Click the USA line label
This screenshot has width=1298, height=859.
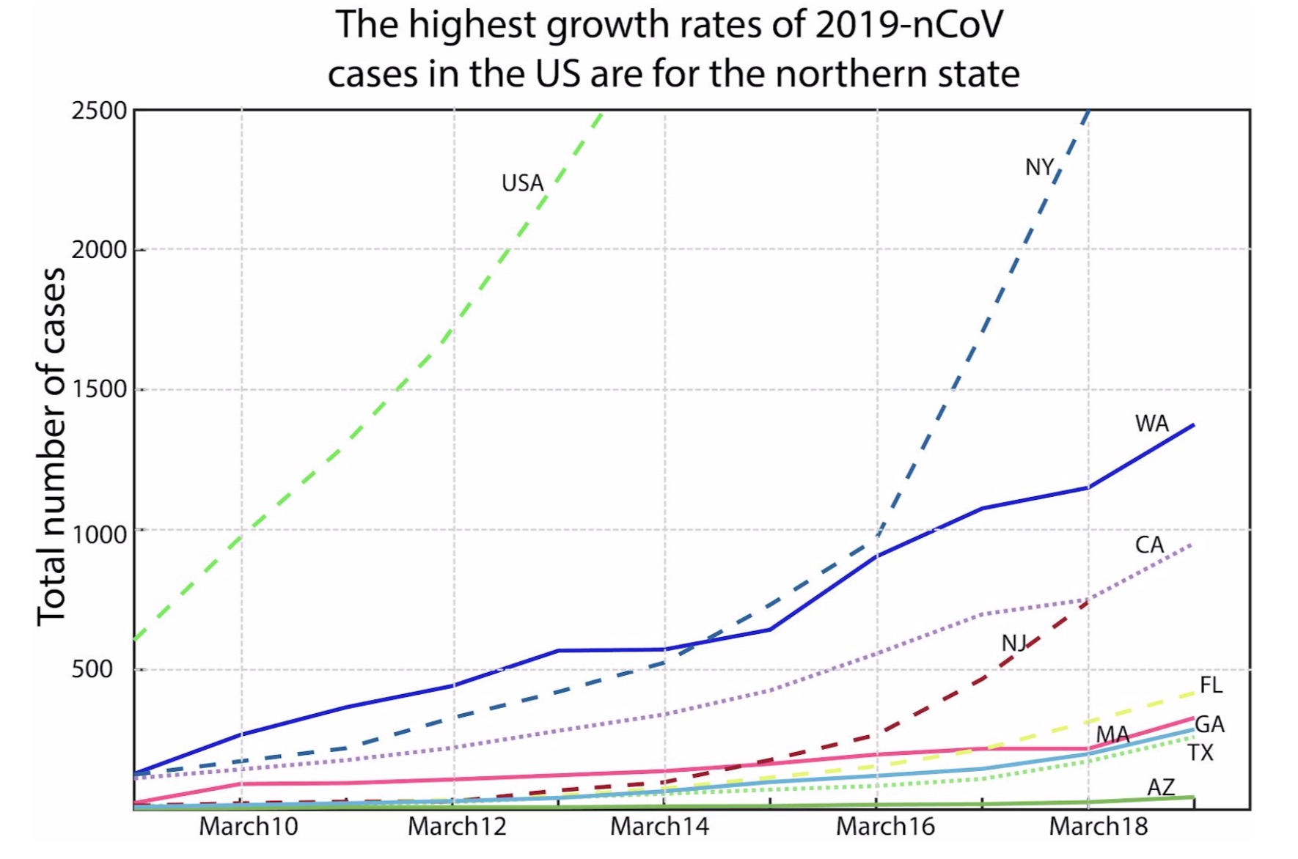pos(522,183)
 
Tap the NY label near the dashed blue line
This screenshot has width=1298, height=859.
pos(1039,167)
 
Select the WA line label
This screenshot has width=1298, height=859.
pos(1151,423)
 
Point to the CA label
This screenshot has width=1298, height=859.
pos(1149,545)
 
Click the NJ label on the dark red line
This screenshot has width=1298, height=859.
pos(1013,643)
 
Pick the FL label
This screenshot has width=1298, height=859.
pos(1211,685)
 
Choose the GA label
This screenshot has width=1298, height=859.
pos(1209,724)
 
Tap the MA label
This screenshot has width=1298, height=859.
pos(1112,734)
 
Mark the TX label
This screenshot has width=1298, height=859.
pos(1200,753)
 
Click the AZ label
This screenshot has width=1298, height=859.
pos(1161,787)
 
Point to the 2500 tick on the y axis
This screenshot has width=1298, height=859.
pos(99,111)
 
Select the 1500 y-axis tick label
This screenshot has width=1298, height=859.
pos(99,389)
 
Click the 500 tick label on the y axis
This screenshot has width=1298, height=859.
pos(92,668)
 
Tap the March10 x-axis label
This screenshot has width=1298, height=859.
pos(249,827)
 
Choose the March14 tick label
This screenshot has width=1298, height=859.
pos(659,827)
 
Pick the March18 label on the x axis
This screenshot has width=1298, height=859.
pos(1098,827)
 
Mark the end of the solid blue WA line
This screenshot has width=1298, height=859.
pos(1194,425)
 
